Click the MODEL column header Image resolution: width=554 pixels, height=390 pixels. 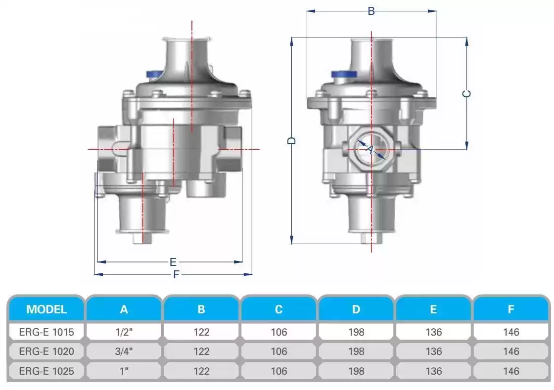coord(46,309)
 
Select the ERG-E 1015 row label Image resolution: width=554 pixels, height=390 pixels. coord(46,332)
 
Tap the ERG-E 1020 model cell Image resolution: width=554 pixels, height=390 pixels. coord(46,351)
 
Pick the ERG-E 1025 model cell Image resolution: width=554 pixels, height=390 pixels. coord(46,371)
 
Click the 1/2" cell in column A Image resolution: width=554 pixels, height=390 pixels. coord(124,332)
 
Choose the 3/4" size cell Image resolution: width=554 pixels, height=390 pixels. coord(124,351)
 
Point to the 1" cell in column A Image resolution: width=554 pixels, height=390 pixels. coord(124,371)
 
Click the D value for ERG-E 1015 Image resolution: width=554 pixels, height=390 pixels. coord(356,332)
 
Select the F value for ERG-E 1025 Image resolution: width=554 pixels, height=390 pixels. coord(511,371)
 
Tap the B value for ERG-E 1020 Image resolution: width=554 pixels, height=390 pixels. coord(201,351)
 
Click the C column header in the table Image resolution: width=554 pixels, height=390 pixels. coord(279,309)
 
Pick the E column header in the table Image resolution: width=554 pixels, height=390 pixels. coord(433,309)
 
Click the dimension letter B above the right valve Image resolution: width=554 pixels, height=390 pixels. coord(371,11)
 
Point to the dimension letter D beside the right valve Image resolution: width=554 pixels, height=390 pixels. coord(292,140)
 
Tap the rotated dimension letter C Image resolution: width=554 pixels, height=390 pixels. coord(466,93)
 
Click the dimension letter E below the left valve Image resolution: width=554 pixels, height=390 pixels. coord(173,262)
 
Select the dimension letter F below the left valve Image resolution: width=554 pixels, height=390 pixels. coord(176,274)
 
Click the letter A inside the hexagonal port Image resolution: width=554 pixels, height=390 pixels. coord(369,150)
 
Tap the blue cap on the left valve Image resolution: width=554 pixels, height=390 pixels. coord(155,74)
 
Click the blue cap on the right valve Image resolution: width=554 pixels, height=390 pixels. coord(344,74)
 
